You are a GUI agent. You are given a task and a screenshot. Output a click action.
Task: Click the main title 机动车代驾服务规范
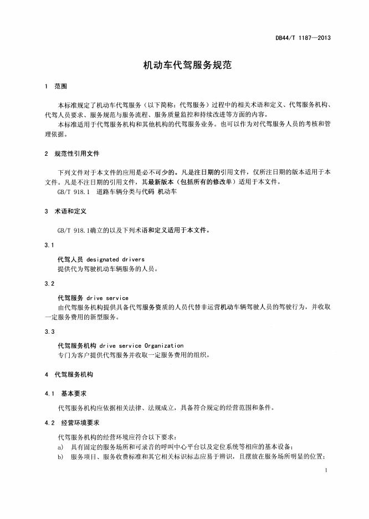pyautogui.click(x=184, y=65)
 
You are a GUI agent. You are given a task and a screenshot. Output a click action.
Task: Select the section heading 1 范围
pyautogui.click(x=55, y=86)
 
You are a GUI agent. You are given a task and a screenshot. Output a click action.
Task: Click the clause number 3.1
pyautogui.click(x=49, y=244)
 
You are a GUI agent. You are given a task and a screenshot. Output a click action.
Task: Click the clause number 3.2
pyautogui.click(x=49, y=283)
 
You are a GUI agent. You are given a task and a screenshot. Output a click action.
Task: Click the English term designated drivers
pyautogui.click(x=115, y=259)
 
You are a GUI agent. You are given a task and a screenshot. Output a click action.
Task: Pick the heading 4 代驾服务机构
pyautogui.click(x=69, y=375)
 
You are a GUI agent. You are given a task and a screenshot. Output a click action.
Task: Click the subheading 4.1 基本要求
pyautogui.click(x=65, y=393)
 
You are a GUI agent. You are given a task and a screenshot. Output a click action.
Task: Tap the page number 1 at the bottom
pyautogui.click(x=327, y=471)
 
